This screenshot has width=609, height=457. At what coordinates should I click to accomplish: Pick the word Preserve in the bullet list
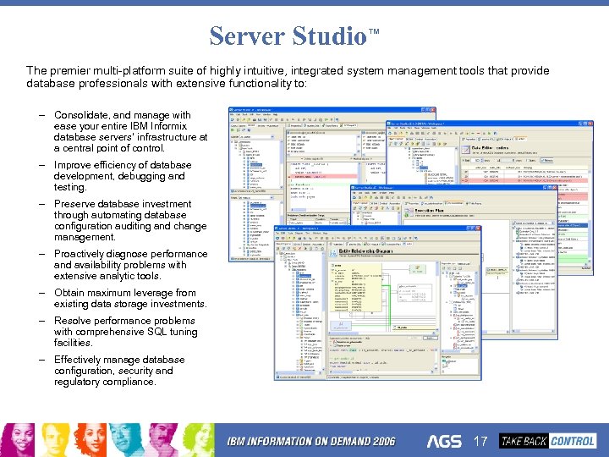[76, 204]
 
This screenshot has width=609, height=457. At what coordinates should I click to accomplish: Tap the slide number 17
[480, 441]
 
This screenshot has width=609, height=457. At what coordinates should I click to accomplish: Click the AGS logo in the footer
[444, 441]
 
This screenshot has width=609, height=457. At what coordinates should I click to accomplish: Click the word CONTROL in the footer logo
[573, 440]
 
